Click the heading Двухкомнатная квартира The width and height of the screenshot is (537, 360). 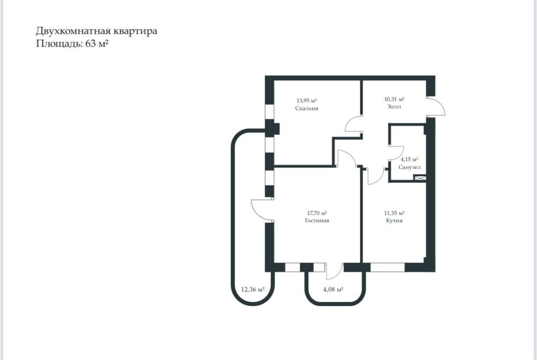click(x=97, y=31)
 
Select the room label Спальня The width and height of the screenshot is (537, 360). click(x=307, y=108)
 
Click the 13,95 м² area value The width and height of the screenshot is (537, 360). click(x=307, y=100)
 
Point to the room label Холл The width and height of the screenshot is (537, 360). click(x=394, y=107)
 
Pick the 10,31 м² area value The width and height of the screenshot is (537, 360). click(x=394, y=99)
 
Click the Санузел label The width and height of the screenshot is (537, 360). click(x=409, y=167)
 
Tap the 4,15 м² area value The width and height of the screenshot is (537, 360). click(x=409, y=160)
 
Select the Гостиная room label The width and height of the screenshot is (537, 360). click(x=317, y=220)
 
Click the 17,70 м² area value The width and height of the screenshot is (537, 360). click(x=317, y=213)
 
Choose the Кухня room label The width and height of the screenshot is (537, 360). click(x=394, y=220)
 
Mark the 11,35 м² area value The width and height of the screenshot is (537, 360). click(x=394, y=213)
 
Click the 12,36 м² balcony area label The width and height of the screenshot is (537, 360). click(x=252, y=290)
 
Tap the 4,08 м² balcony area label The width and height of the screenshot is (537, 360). click(x=333, y=290)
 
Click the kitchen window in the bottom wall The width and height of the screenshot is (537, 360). click(x=387, y=267)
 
